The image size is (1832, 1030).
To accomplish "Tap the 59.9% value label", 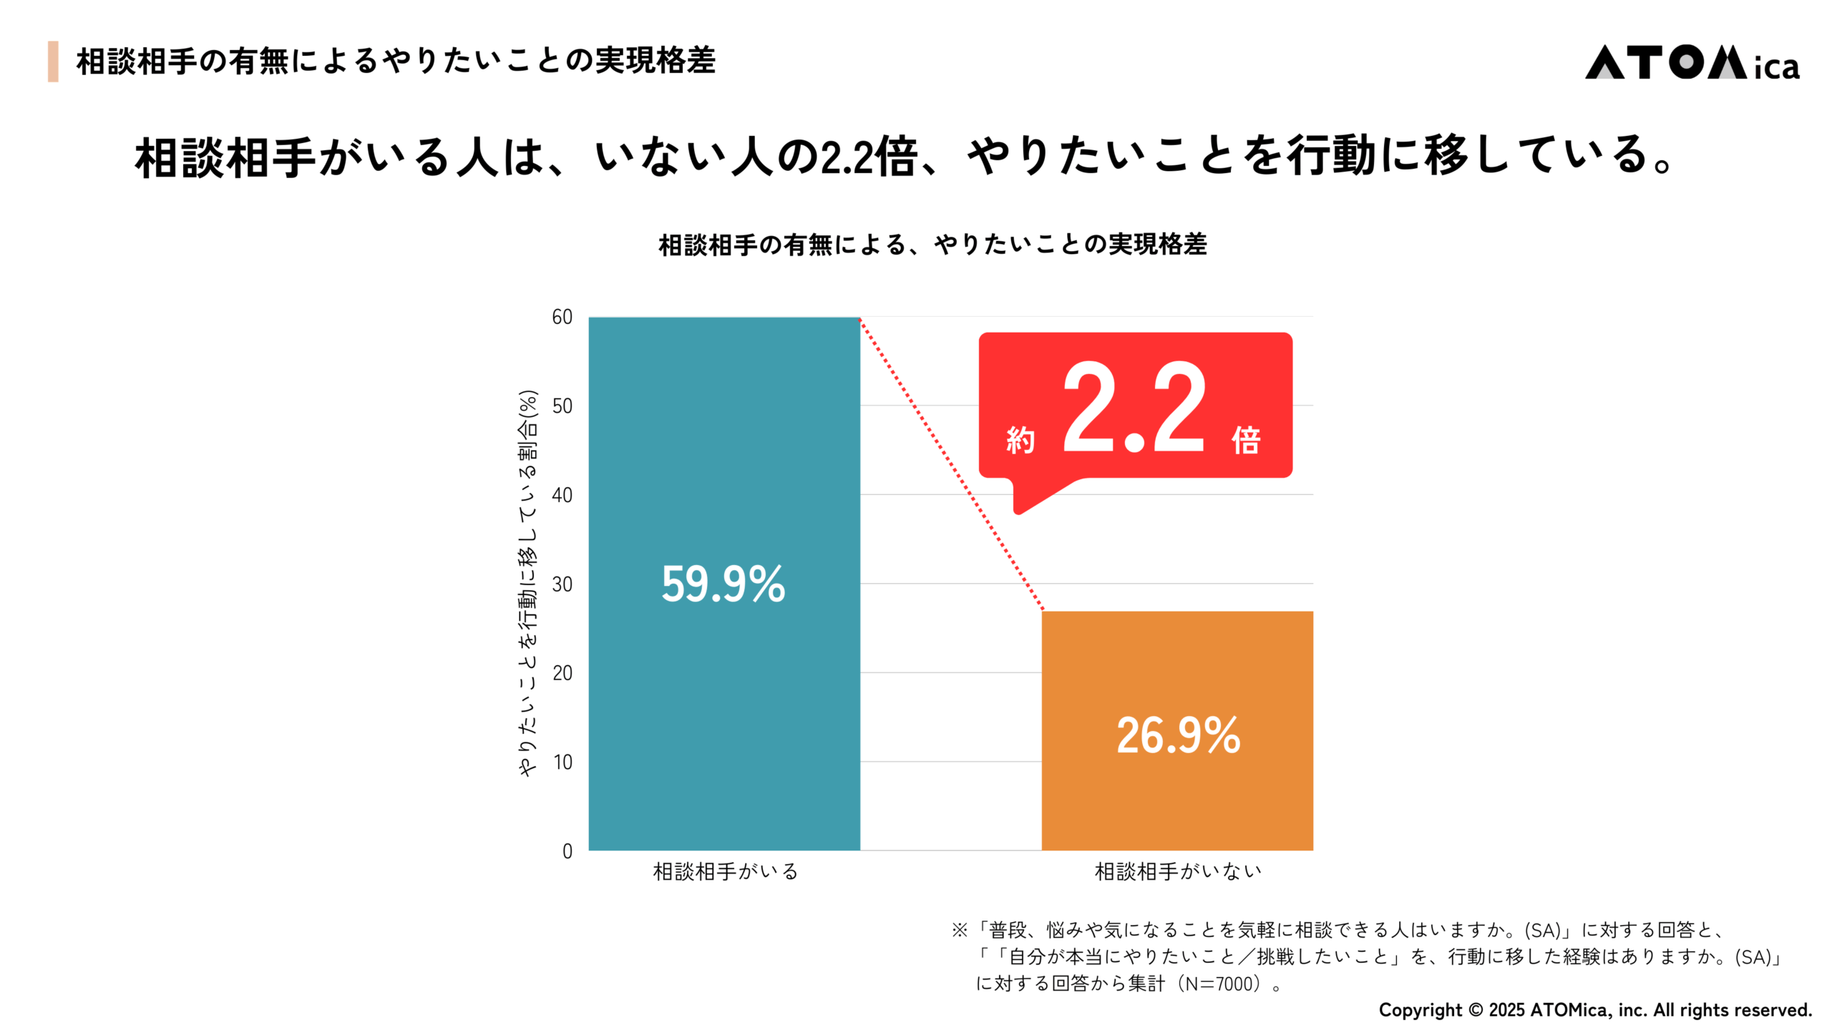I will coord(723,584).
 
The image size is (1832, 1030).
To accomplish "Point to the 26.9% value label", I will coord(1178,735).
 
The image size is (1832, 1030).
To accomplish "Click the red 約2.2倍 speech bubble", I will coord(1135,406).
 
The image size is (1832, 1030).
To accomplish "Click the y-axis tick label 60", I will coord(562,317).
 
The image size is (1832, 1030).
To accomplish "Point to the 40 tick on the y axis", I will coord(562,495).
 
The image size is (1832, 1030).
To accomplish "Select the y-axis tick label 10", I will coord(562,762).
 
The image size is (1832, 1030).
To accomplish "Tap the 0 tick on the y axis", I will coord(567,851).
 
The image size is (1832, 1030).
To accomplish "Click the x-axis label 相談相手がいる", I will coord(725,871).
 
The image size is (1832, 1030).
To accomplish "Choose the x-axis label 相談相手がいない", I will coord(1177,871).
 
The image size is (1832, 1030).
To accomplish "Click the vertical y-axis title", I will coord(527,583).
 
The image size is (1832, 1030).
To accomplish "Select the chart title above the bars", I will coord(932,245).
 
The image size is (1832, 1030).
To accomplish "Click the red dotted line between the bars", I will coord(952,465).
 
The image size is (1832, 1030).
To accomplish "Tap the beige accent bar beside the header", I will coord(53,62).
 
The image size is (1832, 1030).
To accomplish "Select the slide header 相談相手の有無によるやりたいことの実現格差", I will coord(395,62).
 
